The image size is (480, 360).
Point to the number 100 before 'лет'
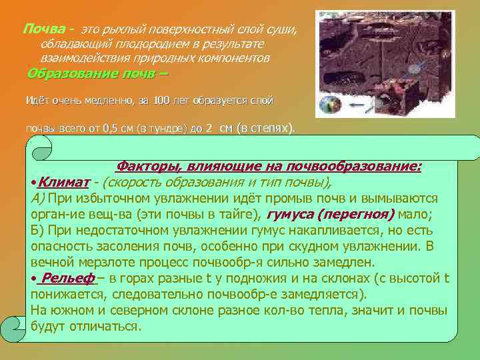161,101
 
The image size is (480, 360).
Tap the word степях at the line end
270,128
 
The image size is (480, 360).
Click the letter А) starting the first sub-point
37,199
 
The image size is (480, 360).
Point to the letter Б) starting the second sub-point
37,230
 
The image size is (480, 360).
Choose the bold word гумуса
289,214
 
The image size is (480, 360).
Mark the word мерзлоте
109,261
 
